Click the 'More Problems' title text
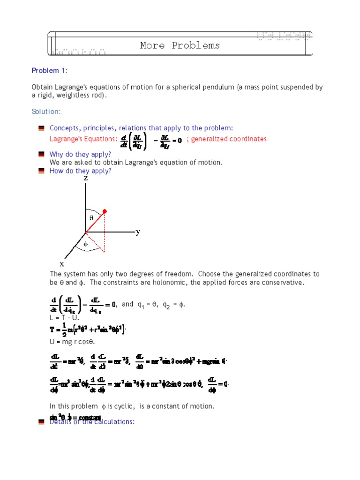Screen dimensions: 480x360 180,45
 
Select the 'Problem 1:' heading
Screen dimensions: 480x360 49,71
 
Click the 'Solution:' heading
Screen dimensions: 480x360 46,112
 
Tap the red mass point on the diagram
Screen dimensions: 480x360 105,211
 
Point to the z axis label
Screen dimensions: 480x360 86,178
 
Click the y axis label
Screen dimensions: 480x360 138,232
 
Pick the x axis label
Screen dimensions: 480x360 61,264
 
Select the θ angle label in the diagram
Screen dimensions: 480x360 91,218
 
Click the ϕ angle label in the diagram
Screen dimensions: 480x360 86,244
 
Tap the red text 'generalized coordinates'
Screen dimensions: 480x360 229,139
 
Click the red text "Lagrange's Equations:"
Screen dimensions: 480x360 82,139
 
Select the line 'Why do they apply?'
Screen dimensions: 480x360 80,154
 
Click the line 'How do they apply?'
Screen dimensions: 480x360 80,171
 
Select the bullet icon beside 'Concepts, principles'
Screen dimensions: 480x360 41,128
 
